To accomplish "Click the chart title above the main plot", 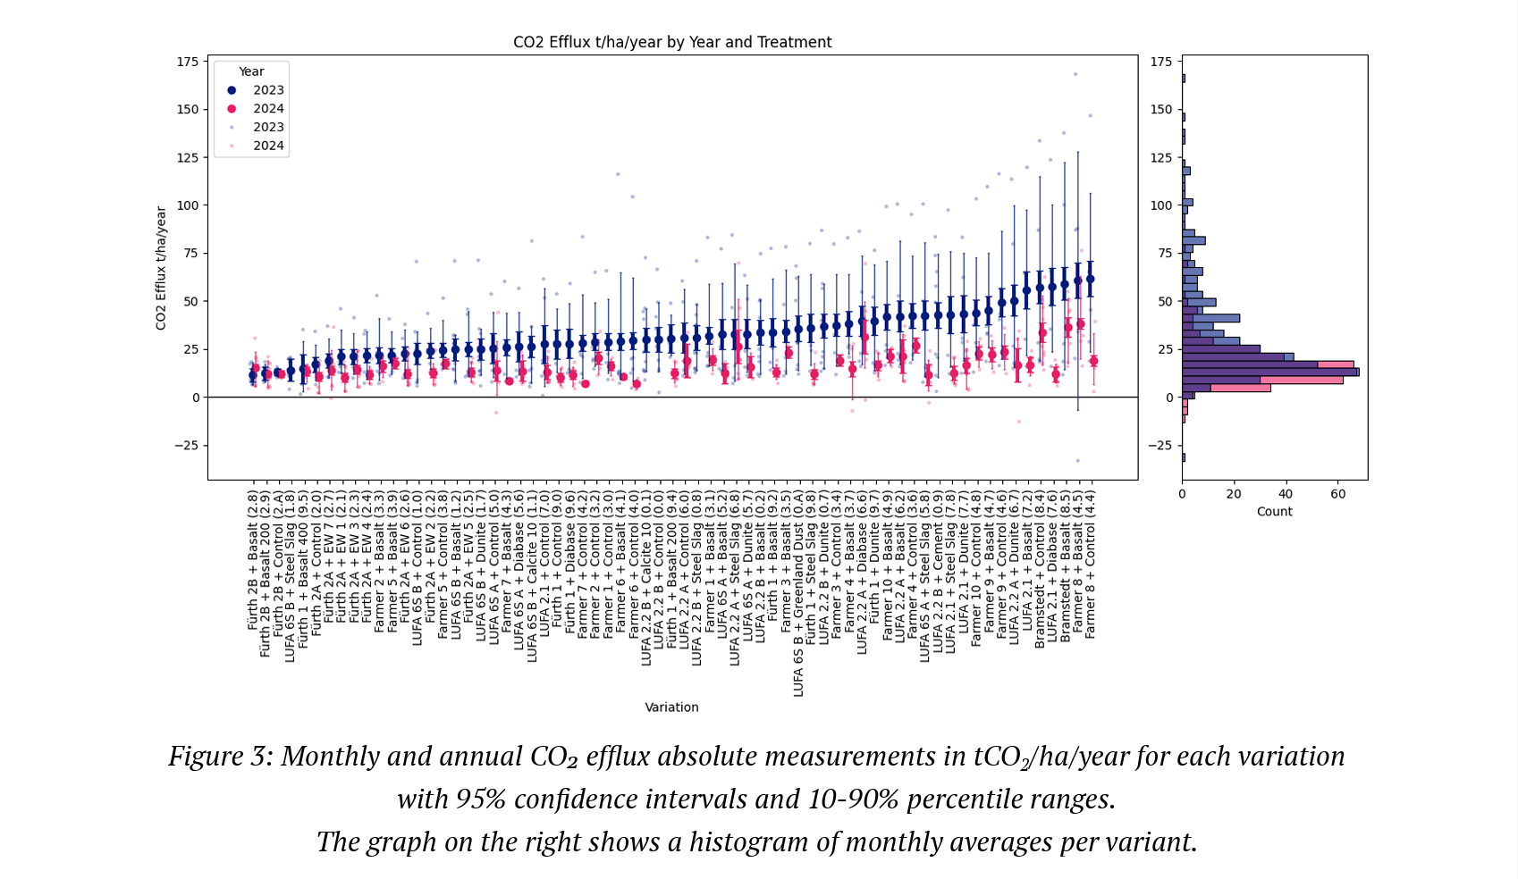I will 672,42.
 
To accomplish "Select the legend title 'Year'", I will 251,71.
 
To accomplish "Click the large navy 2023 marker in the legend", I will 232,90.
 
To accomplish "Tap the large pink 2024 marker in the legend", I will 232,109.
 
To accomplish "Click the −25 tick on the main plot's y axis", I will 185,446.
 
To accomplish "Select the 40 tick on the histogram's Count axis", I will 1286,494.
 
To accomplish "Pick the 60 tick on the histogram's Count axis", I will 1337,494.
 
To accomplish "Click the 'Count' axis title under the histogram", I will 1274,512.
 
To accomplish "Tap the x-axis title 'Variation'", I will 671,707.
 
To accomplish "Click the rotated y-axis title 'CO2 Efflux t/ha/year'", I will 162,268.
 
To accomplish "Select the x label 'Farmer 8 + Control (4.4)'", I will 1090,564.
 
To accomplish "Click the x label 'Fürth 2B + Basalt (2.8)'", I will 253,560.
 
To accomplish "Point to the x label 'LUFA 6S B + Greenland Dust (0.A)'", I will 798,593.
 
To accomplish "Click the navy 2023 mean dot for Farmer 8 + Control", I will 1090,280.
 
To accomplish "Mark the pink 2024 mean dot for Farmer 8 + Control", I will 1093,361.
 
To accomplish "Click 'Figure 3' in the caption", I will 219,757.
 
